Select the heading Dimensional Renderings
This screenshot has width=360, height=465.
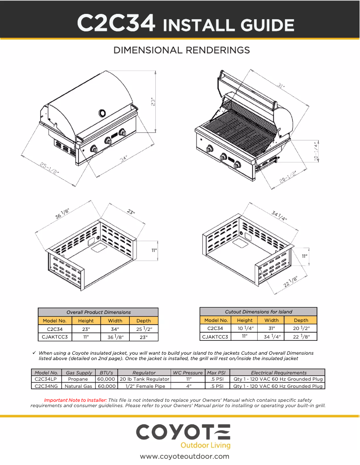pos(181,50)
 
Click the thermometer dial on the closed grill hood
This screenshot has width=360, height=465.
pos(103,112)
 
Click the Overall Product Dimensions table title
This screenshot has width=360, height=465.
pos(98,312)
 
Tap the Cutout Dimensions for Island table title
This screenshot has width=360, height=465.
pos(258,312)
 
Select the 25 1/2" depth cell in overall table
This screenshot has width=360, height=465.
pos(144,329)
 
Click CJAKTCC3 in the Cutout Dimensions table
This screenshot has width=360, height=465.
pos(215,336)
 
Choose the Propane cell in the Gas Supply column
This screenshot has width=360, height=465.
pos(78,379)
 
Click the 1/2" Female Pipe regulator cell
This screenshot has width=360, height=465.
pos(144,386)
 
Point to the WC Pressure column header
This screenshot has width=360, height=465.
pos(187,373)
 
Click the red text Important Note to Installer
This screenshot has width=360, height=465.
pos(75,400)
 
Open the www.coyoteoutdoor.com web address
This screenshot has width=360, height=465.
pos(184,456)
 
